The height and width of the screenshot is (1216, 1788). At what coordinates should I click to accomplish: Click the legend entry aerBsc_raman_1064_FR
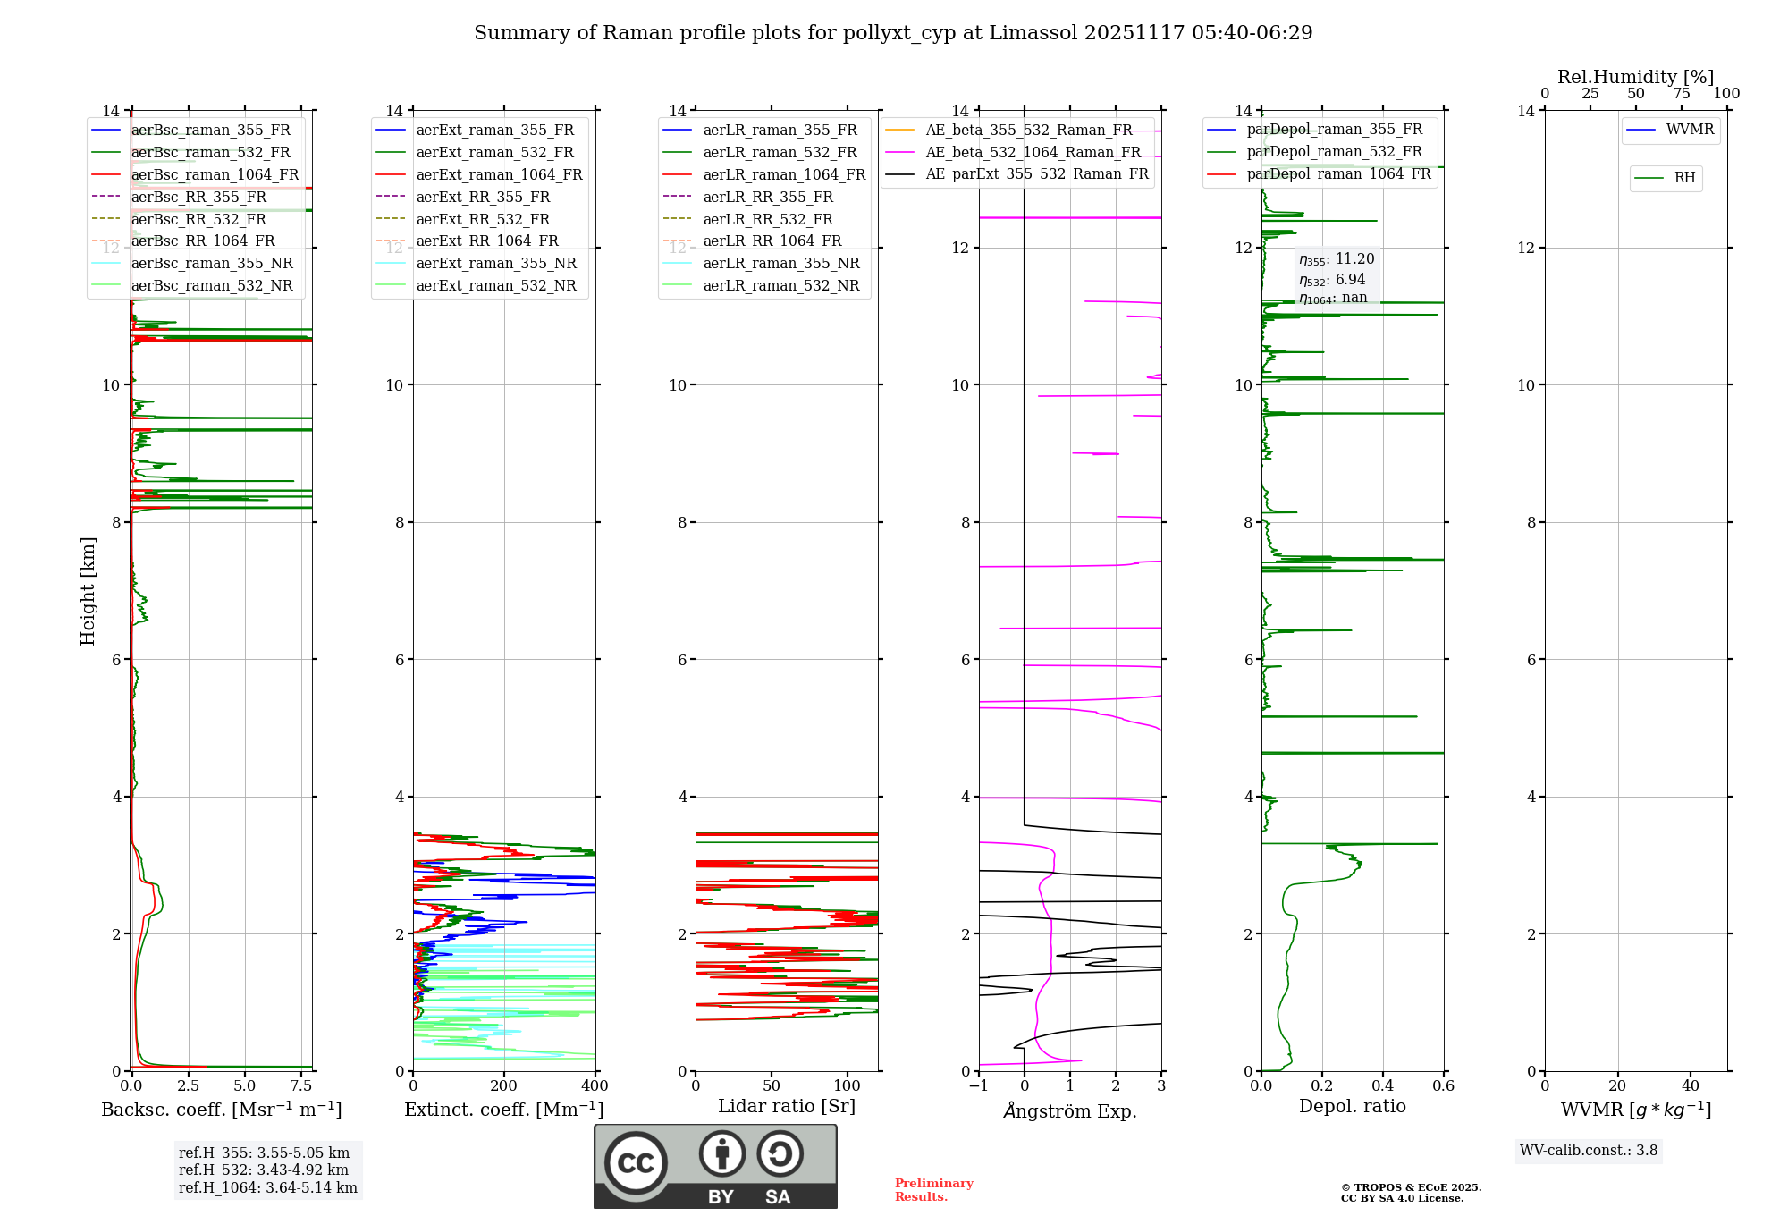[215, 175]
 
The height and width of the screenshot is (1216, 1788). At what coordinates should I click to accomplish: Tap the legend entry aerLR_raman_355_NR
[780, 264]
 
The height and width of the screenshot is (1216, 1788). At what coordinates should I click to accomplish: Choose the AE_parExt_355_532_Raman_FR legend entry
[1036, 174]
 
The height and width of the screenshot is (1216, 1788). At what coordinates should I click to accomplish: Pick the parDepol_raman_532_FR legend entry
[1334, 152]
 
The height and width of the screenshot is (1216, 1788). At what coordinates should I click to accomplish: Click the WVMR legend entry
[1690, 130]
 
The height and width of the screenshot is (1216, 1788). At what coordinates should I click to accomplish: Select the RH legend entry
[1684, 178]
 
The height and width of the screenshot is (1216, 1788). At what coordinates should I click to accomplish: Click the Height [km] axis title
[88, 591]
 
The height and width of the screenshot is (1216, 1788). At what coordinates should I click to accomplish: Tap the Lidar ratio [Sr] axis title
[786, 1106]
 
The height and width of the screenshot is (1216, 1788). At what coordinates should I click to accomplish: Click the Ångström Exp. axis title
[1069, 1110]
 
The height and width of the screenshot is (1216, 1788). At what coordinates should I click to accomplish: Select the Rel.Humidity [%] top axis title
[1635, 77]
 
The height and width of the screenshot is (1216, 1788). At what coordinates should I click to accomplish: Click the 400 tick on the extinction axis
[595, 1086]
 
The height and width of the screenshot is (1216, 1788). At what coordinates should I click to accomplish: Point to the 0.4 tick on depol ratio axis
[1382, 1086]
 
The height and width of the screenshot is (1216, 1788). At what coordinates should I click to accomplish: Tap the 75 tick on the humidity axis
[1681, 94]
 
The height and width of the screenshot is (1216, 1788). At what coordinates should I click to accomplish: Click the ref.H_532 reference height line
[263, 1170]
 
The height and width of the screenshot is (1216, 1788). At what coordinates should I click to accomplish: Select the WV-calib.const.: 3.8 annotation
[1588, 1151]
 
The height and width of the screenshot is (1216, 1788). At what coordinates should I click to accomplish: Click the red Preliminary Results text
[933, 1190]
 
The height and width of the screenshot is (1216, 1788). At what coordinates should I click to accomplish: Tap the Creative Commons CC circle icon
[636, 1162]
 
